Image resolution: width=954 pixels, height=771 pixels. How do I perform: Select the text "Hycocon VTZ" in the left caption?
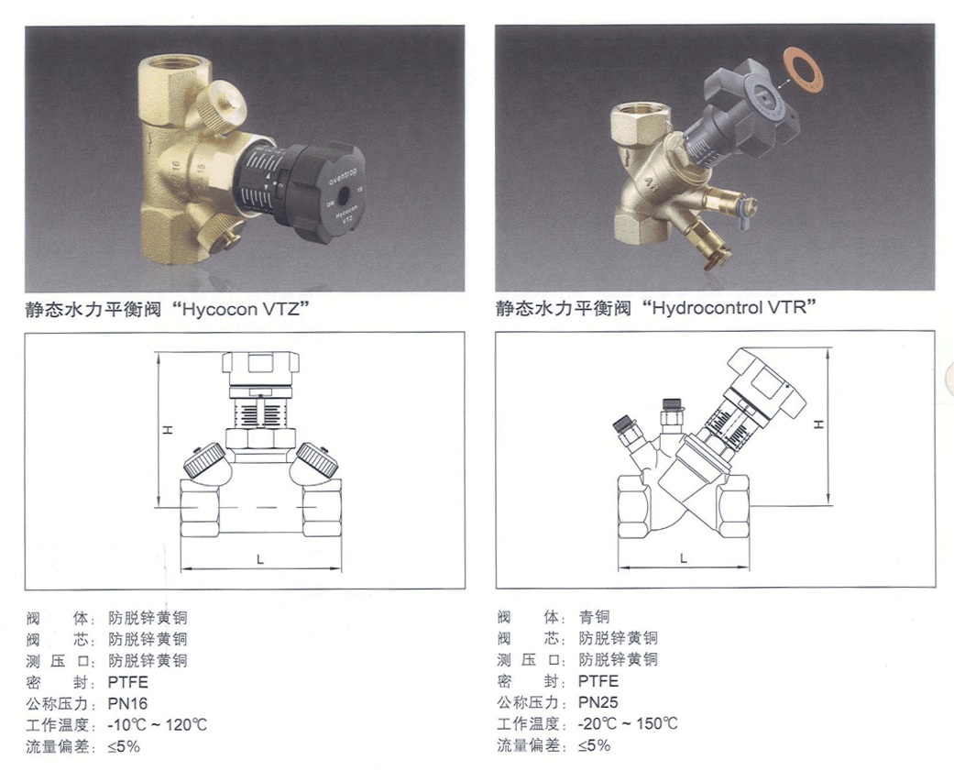[242, 309]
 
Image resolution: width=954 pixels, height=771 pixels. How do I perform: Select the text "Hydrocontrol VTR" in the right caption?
[729, 307]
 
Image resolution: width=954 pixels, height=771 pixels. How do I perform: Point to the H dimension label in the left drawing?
[168, 430]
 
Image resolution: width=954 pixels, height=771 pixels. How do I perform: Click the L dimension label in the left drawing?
[260, 558]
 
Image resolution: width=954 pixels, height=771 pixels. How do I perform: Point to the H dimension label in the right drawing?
[819, 424]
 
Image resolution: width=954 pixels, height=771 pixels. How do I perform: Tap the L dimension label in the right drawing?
[684, 558]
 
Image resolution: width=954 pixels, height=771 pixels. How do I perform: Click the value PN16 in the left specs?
[127, 703]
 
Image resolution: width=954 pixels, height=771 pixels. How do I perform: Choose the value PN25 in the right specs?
[598, 702]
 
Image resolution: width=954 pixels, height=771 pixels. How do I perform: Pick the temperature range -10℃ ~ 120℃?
[158, 725]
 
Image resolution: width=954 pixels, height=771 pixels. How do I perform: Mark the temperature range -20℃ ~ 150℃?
[628, 723]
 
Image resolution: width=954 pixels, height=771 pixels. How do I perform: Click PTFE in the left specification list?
[127, 681]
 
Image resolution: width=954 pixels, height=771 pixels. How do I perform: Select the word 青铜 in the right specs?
[595, 616]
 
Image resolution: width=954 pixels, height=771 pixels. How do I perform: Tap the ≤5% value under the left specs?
[124, 746]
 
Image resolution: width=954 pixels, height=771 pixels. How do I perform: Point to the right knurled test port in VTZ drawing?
[317, 459]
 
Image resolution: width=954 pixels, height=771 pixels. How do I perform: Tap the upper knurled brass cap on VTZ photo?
[224, 104]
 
